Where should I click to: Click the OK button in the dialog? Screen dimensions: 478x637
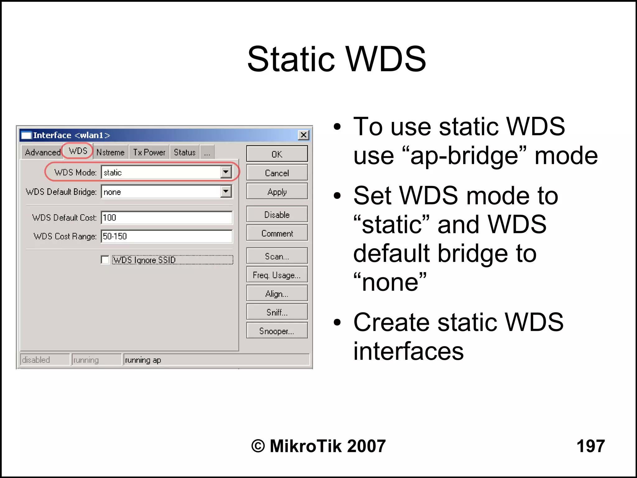point(277,154)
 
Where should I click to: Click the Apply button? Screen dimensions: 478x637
point(277,192)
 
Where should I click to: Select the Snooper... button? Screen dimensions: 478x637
point(277,331)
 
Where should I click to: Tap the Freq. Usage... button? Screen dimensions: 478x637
point(277,275)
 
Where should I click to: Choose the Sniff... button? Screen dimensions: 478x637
point(277,312)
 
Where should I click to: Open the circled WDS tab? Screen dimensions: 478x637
point(78,151)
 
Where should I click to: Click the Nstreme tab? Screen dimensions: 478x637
point(110,152)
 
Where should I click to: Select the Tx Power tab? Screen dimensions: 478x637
point(149,152)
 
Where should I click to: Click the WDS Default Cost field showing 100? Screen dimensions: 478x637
point(166,218)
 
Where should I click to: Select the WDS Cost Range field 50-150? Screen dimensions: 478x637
point(166,236)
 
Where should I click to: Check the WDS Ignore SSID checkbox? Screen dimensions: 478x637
point(105,260)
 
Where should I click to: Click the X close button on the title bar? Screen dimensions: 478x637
point(303,135)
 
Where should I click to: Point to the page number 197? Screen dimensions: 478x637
point(590,446)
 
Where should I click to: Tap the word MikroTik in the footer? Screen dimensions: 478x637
point(306,446)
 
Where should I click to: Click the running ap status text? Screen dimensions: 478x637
point(143,360)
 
